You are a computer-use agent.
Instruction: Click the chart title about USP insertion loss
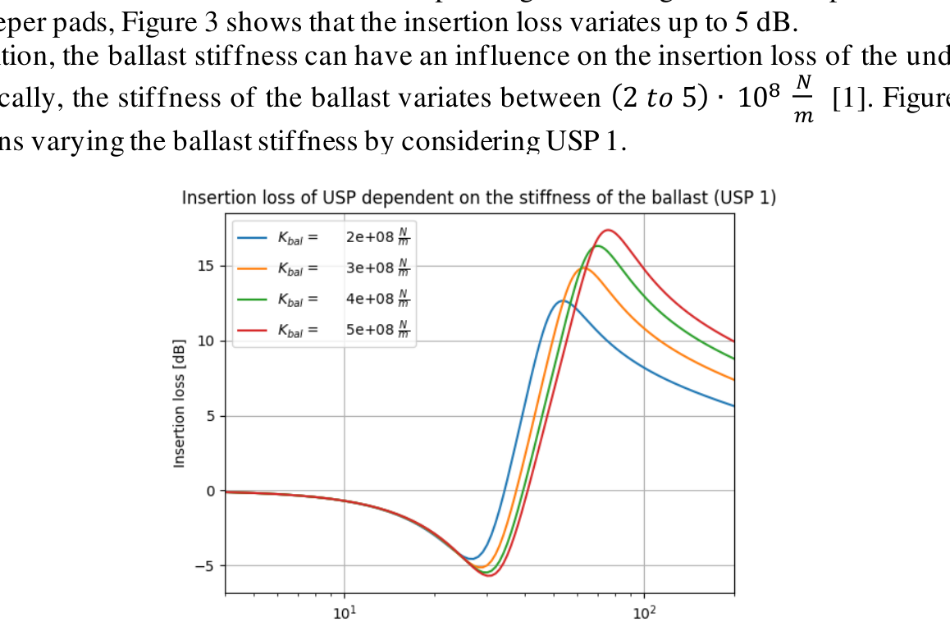coord(478,199)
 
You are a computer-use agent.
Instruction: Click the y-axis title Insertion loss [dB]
coord(179,403)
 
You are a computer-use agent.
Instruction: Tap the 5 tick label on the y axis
coord(210,416)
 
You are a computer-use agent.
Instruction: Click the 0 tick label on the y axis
coord(210,491)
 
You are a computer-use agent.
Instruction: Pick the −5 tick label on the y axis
coord(205,565)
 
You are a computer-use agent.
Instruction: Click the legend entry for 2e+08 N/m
coord(323,238)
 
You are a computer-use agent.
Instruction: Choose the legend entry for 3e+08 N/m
coord(323,269)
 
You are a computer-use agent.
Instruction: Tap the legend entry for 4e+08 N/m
coord(323,300)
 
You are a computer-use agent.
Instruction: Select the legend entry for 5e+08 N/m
coord(323,331)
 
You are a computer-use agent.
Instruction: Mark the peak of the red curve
coord(608,230)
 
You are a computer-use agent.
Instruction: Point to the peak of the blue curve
coord(562,301)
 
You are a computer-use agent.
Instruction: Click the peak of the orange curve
coord(583,268)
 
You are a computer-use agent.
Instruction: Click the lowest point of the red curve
coord(490,575)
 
